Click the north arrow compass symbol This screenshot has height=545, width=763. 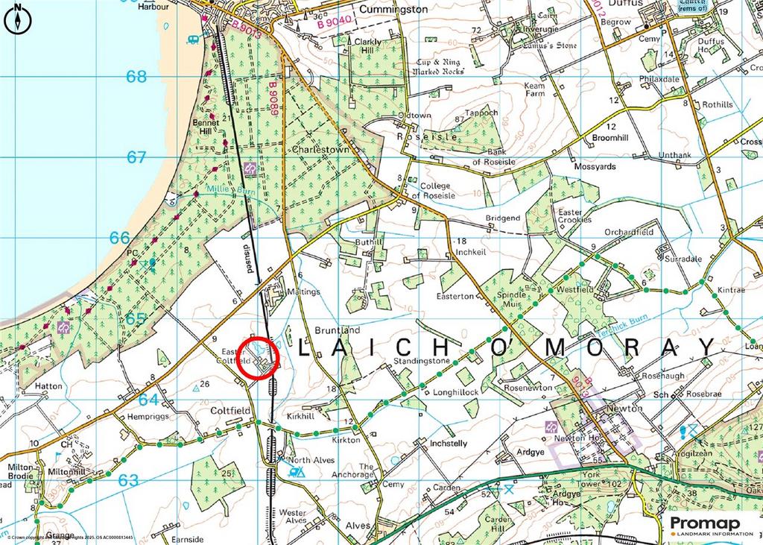17,18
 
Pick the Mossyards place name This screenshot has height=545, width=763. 595,167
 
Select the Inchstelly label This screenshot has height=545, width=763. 449,444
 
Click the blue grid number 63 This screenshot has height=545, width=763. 128,480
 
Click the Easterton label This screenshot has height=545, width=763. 455,296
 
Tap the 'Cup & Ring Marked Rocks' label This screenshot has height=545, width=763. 440,67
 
